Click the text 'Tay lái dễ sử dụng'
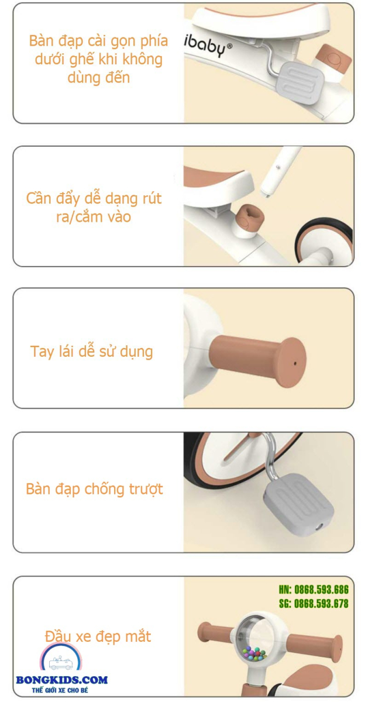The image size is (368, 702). coord(91,352)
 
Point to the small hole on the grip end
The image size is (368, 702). coord(294,363)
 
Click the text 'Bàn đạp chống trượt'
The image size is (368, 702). coord(94,489)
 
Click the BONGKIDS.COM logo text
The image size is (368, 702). coord(62,680)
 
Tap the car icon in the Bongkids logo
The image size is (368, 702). coord(60,663)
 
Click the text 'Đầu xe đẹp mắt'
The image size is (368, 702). coord(98,636)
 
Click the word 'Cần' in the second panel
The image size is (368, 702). coord(39,198)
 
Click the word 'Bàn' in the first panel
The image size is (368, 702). coord(42,41)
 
